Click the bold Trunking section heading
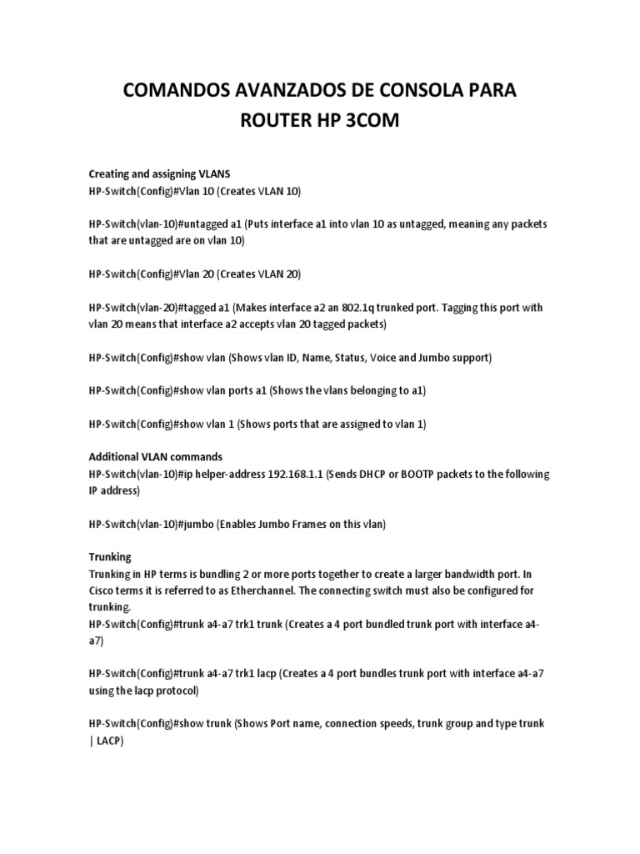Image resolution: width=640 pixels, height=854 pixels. tap(110, 556)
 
